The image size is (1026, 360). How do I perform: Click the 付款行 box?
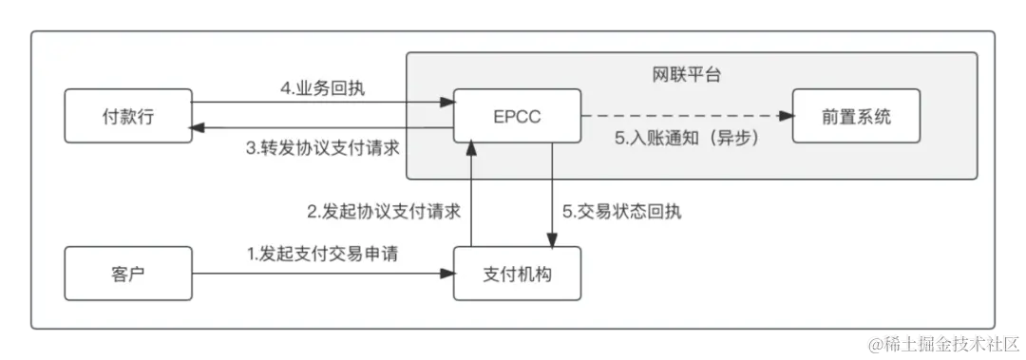pyautogui.click(x=127, y=116)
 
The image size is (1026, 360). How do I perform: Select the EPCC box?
pyautogui.click(x=517, y=116)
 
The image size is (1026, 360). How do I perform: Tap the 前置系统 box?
pyautogui.click(x=856, y=116)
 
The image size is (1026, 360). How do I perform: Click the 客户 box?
pyautogui.click(x=127, y=274)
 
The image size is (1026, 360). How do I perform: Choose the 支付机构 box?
pyautogui.click(x=517, y=274)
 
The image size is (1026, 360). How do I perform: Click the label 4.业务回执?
pyautogui.click(x=322, y=89)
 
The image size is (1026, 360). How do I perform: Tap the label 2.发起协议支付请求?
pyautogui.click(x=383, y=211)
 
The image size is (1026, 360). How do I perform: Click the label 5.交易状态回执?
pyautogui.click(x=621, y=211)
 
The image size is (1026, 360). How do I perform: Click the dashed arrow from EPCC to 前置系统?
pyautogui.click(x=684, y=116)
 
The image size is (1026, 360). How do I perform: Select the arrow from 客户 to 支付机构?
pyautogui.click(x=323, y=274)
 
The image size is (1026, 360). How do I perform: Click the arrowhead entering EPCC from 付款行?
pyautogui.click(x=446, y=102)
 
